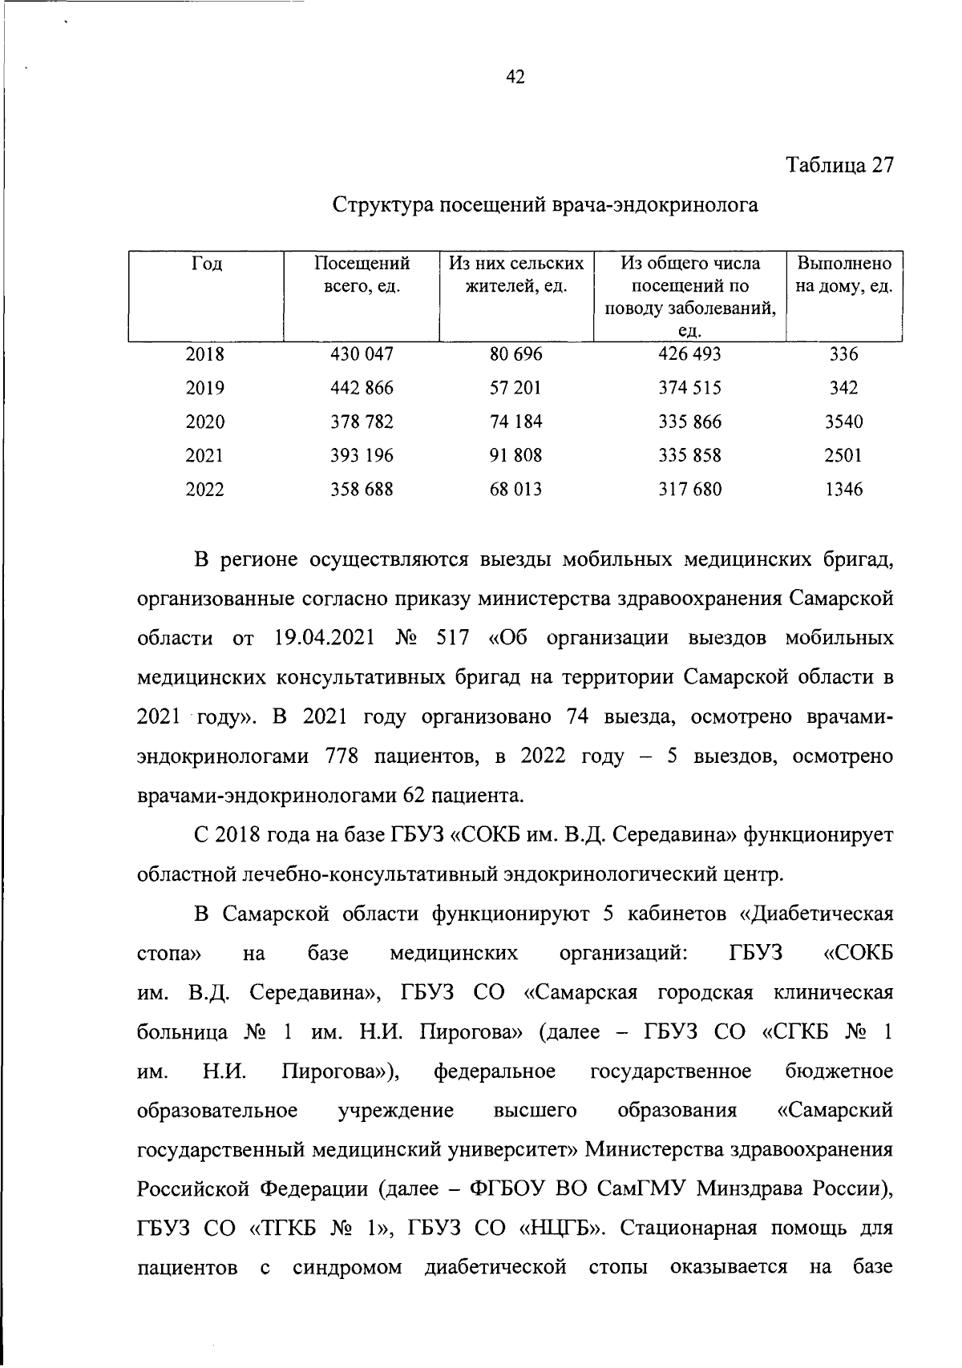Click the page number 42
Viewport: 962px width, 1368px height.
coord(515,77)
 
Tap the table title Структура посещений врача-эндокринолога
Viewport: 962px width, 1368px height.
coord(545,205)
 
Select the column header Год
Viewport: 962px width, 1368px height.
coord(206,264)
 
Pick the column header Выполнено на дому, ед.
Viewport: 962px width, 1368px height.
coord(843,275)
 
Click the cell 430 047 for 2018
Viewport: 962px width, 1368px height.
coord(362,354)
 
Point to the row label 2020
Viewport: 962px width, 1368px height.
coord(205,422)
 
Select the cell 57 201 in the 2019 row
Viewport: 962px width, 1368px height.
coord(515,388)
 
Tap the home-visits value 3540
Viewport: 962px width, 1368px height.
coord(843,422)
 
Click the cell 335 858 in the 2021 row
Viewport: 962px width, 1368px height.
coord(689,455)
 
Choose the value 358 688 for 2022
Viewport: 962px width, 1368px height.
coord(362,489)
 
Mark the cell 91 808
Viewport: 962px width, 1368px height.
coord(515,455)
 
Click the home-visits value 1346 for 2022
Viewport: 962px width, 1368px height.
coord(843,489)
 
